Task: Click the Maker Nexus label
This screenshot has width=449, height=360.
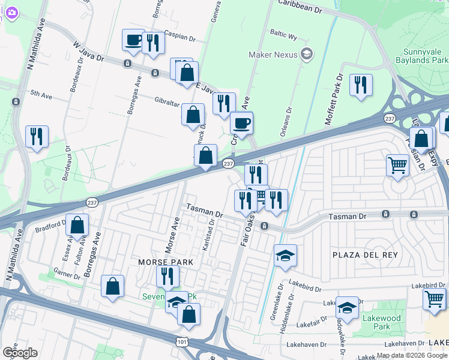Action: pyautogui.click(x=274, y=55)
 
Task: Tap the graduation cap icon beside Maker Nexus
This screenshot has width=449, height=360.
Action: pyautogui.click(x=307, y=55)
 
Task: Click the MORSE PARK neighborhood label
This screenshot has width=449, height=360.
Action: pyautogui.click(x=166, y=262)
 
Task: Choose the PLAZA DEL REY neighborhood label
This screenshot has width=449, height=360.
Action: pyautogui.click(x=365, y=255)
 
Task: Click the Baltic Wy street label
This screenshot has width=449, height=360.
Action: pyautogui.click(x=284, y=37)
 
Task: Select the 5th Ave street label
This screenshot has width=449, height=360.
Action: pyautogui.click(x=42, y=94)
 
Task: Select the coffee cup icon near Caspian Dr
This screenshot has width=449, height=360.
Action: pyautogui.click(x=133, y=40)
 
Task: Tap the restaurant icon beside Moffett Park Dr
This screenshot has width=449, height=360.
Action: pyautogui.click(x=361, y=84)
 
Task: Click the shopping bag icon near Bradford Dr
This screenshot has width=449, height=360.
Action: pyautogui.click(x=77, y=226)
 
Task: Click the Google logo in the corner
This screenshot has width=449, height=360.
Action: pyautogui.click(x=20, y=353)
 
